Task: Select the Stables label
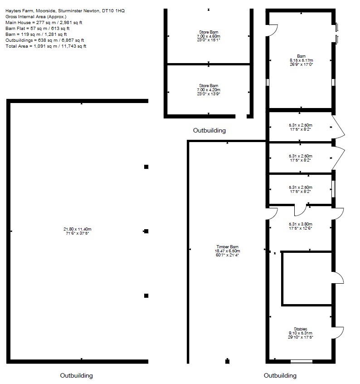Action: point(300,329)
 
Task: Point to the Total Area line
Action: point(45,46)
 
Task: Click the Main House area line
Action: point(44,22)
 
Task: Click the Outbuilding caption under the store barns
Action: point(209,131)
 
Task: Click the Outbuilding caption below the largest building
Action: point(77,375)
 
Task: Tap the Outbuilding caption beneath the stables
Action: point(280,375)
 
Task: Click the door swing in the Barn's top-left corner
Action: point(273,30)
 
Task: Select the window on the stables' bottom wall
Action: point(301,362)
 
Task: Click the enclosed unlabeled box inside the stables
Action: point(307,278)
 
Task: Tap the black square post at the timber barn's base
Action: point(227,362)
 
